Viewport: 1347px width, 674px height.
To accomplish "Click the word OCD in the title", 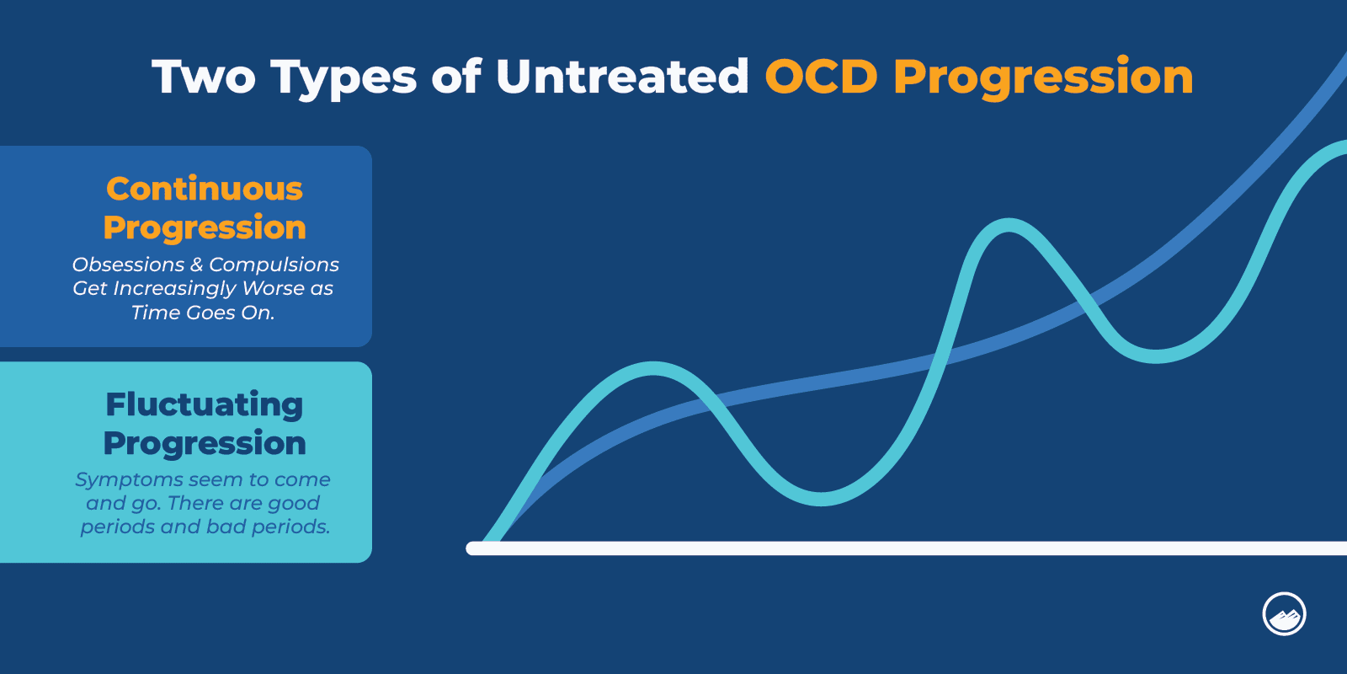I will click(822, 77).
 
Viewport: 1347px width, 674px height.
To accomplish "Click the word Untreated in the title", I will click(622, 77).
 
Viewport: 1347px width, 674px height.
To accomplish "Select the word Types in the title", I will click(343, 78).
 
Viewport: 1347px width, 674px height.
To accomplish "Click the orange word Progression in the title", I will click(1043, 78).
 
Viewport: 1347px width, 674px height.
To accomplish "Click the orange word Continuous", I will click(205, 189).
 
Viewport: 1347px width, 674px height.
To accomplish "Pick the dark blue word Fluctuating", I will click(205, 405).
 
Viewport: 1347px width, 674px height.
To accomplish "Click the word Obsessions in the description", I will click(128, 265).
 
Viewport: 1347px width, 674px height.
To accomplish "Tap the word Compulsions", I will click(274, 265).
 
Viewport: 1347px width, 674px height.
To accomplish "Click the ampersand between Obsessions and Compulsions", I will click(196, 265).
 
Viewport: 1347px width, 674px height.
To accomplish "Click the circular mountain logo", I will click(1284, 614).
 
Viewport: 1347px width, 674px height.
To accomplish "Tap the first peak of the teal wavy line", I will click(655, 367).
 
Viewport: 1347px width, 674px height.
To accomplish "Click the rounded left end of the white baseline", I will click(472, 548).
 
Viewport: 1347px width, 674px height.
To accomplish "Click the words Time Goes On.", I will click(203, 313).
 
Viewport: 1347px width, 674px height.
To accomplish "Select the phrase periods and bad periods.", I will click(205, 527).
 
